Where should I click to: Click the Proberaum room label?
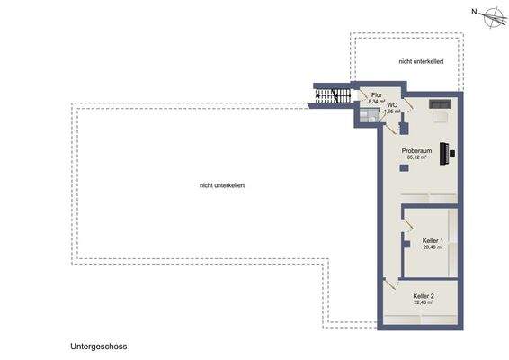coord(417,150)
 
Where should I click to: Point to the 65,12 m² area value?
coord(417,157)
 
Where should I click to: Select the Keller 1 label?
coord(432,240)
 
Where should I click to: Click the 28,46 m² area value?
coord(432,247)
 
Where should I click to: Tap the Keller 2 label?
coord(423,296)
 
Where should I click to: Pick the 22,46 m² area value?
coord(423,303)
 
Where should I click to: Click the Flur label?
coord(377,94)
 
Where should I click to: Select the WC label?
coord(393,104)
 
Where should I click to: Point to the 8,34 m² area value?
coord(377,102)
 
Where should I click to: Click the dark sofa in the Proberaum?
coord(442,103)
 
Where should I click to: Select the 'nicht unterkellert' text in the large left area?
coord(223,185)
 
